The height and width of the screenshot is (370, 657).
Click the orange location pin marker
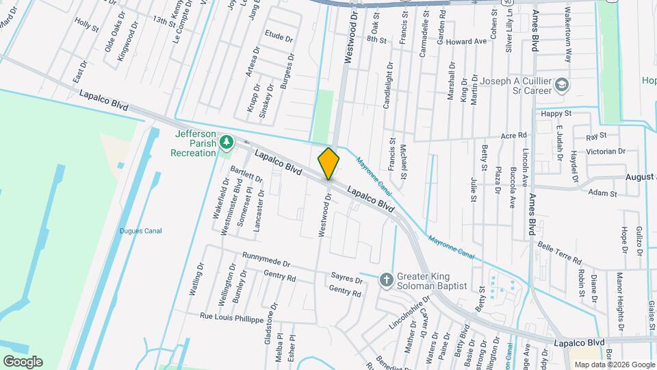click(x=328, y=164)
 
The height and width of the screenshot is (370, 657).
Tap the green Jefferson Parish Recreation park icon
click(x=227, y=142)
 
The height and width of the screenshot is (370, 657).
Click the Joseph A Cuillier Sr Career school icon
click(x=562, y=86)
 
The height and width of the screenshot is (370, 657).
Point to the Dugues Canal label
click(x=140, y=231)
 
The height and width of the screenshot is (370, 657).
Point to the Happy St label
click(x=556, y=113)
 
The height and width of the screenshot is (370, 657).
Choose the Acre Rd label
click(x=513, y=135)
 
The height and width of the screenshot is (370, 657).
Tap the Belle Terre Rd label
click(x=559, y=253)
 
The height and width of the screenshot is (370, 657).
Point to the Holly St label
click(x=87, y=25)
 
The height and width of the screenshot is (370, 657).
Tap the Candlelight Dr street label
click(x=388, y=86)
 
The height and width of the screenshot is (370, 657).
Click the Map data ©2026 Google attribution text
click(x=614, y=365)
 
